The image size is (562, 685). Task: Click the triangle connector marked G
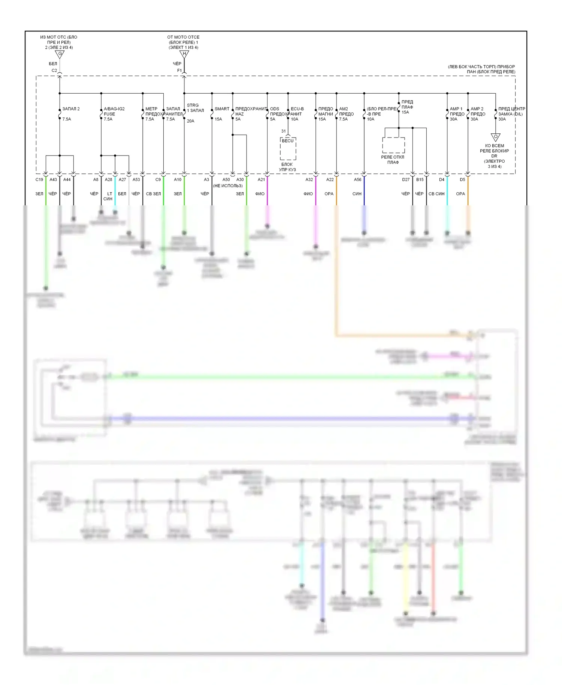(x=60, y=54)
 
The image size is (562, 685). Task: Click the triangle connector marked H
(x=184, y=54)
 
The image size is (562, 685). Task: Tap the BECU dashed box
(x=288, y=148)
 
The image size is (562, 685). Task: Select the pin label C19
(x=39, y=180)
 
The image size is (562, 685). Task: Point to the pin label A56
(x=358, y=180)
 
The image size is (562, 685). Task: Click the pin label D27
(x=406, y=180)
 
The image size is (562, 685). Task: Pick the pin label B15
(x=420, y=180)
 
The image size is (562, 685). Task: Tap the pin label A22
(x=330, y=180)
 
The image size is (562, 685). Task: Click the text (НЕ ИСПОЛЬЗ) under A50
(x=228, y=186)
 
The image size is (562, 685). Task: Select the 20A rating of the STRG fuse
(x=190, y=121)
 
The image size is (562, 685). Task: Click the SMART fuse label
(x=222, y=109)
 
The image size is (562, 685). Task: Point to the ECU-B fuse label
(x=297, y=109)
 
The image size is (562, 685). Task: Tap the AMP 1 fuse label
(x=456, y=109)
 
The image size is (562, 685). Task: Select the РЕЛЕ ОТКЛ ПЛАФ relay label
(x=393, y=160)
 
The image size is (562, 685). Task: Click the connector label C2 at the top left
(x=54, y=70)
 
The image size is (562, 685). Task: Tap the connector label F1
(x=179, y=70)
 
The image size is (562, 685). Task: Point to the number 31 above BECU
(x=284, y=131)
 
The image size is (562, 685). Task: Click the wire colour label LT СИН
(x=108, y=196)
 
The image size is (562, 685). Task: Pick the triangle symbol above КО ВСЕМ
(x=495, y=137)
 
